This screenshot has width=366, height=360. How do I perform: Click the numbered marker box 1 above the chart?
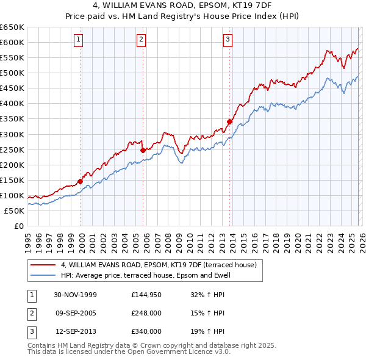coord(80,40)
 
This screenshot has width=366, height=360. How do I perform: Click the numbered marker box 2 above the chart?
coord(141,40)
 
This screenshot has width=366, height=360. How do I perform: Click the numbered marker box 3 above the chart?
coord(228,40)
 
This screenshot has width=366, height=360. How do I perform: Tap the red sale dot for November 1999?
coord(81,181)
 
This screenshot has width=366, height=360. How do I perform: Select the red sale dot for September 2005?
coord(143,149)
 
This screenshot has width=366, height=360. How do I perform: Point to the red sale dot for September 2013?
coord(229,121)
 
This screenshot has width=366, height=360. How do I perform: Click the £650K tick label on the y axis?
coord(12,27)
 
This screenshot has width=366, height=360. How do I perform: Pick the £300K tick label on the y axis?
coord(12,134)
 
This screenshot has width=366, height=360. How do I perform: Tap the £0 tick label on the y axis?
coord(18,226)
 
